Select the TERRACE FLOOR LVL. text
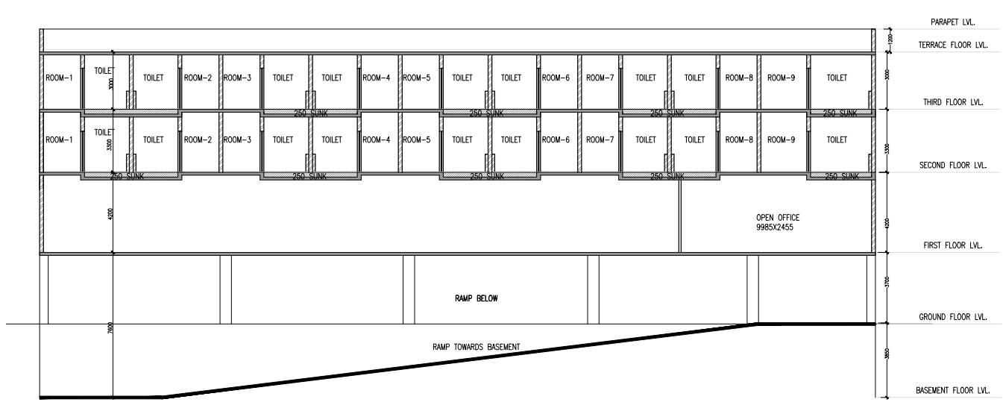tap(953, 46)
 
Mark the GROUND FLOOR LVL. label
tap(953, 317)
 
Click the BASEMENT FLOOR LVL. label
tap(952, 390)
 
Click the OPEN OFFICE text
tap(778, 218)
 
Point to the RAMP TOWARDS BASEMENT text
tap(476, 347)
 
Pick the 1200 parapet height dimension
tap(887, 38)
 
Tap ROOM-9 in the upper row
tap(782, 77)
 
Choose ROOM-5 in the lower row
tap(417, 139)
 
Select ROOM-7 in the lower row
tap(599, 139)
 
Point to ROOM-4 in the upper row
tap(376, 77)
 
